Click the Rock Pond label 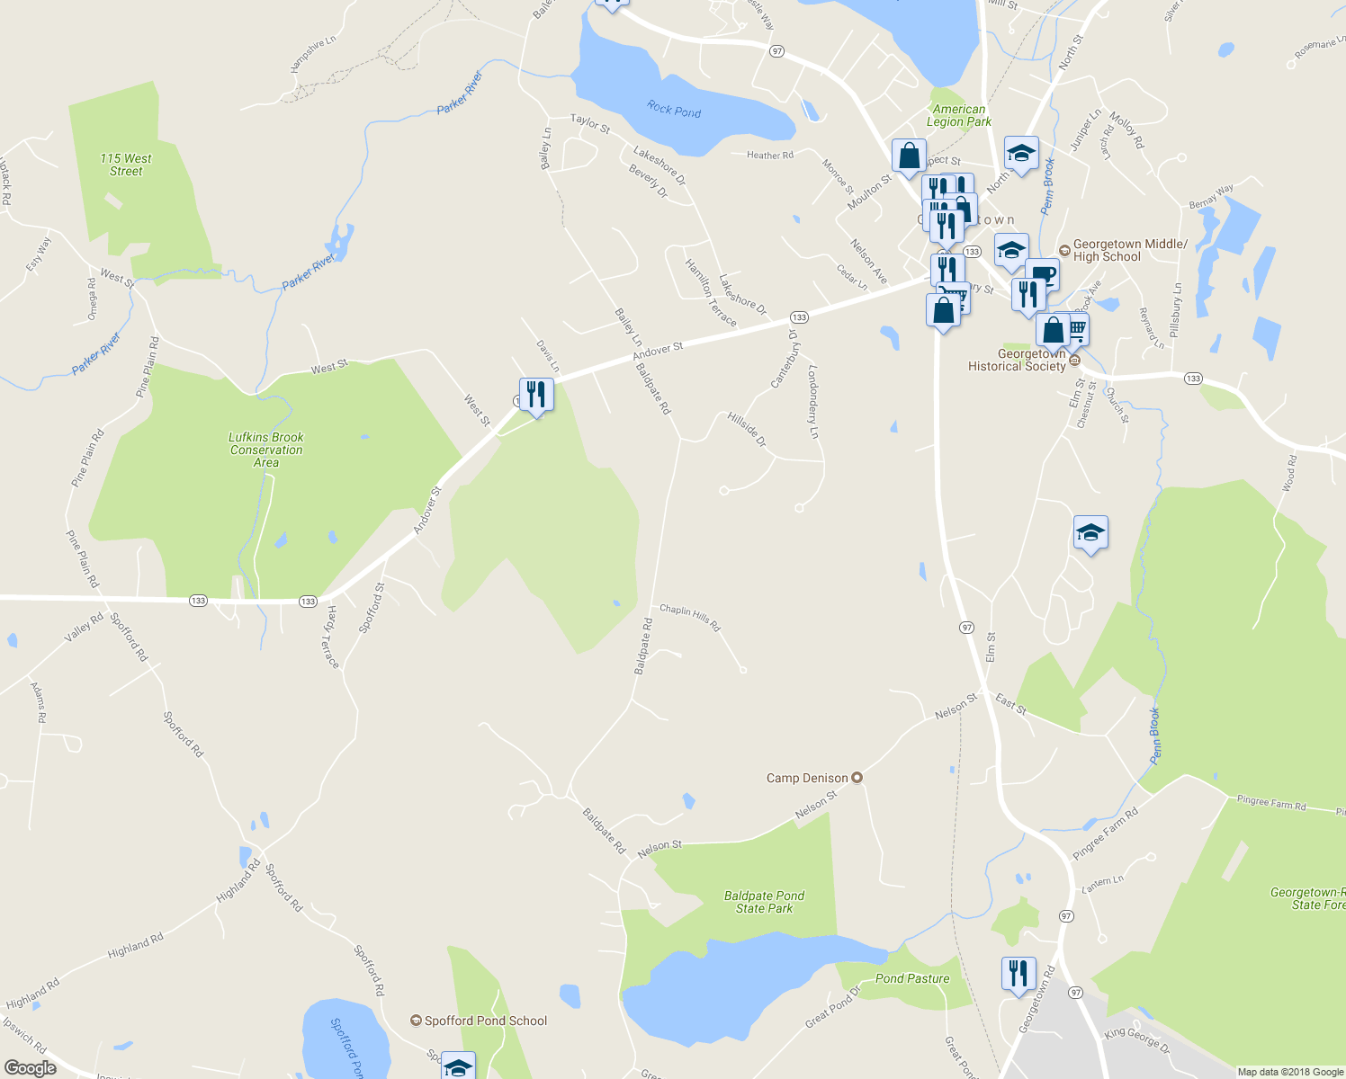click(674, 110)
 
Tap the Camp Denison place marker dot click(857, 778)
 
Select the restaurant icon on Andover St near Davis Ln click(535, 395)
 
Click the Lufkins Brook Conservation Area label click(266, 450)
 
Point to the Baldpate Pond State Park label click(764, 902)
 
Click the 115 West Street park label click(126, 165)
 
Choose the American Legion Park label click(959, 115)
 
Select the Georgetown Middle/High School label click(1130, 250)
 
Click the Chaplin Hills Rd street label click(690, 616)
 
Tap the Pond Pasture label click(912, 978)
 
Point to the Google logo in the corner click(31, 1068)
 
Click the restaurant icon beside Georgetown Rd click(1018, 974)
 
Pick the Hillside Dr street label click(747, 430)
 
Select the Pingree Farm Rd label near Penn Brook click(1106, 834)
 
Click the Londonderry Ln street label click(813, 401)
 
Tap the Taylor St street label click(590, 124)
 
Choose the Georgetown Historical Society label click(1017, 360)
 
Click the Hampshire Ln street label click(313, 54)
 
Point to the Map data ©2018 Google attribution click(1290, 1072)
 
